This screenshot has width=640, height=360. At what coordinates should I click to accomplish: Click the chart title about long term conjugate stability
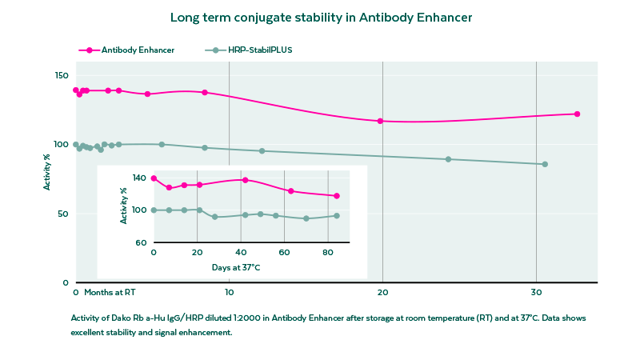pos(320,16)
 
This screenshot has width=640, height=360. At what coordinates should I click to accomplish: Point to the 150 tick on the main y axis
pos(62,75)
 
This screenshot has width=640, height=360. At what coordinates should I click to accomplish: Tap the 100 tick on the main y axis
pos(62,145)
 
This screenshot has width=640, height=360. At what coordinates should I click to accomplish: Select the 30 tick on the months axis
pos(537,292)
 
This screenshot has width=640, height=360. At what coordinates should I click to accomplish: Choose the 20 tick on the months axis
pos(382,292)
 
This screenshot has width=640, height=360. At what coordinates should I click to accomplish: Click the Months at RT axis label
pos(110,292)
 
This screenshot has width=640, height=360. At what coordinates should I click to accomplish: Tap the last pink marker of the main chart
pos(577,114)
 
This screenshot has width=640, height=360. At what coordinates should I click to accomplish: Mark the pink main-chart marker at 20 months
pos(380,121)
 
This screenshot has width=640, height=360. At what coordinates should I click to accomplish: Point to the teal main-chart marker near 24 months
pos(448,159)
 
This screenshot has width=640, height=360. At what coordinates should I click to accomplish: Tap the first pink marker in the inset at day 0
pos(154,178)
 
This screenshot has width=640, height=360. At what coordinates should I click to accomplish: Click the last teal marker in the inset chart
pos(337,215)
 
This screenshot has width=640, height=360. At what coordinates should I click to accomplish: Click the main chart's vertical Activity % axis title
pos(47,176)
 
